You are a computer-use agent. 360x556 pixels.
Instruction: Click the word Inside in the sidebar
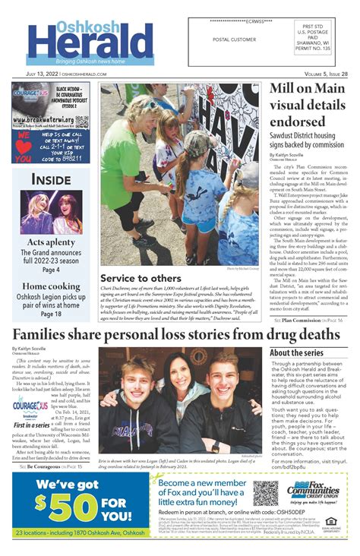[51, 179]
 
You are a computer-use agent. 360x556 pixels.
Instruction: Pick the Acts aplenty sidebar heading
[51, 242]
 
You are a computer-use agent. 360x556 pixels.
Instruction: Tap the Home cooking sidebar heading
[51, 286]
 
